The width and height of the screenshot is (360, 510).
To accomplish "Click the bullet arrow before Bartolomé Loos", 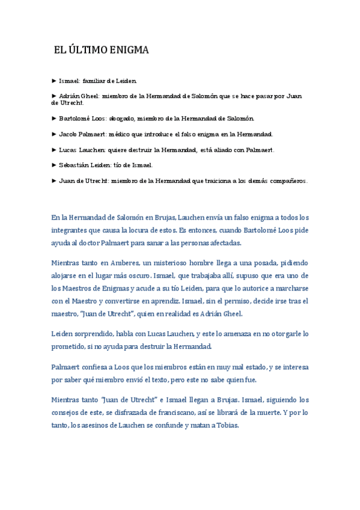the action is [x=55, y=118].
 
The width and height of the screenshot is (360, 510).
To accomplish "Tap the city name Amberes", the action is [x=123, y=263].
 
